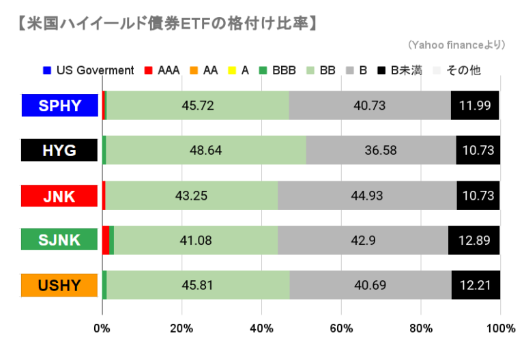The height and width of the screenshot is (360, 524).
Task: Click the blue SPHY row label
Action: [59, 105]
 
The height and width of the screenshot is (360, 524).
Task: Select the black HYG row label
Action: [59, 151]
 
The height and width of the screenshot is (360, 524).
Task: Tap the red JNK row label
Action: [59, 196]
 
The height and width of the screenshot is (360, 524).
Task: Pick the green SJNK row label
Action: [59, 240]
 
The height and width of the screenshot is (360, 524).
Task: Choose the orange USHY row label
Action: [59, 284]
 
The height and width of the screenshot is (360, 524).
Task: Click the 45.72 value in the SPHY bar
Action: [198, 105]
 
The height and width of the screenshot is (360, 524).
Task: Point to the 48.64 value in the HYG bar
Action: [205, 151]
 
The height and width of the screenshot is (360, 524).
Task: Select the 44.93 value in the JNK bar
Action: [368, 196]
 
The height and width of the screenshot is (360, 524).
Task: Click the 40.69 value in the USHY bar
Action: [370, 284]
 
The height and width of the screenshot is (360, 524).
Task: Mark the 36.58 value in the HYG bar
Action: [381, 151]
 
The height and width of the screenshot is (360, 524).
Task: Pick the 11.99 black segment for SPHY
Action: [476, 105]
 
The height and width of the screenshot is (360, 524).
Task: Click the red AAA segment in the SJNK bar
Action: [106, 240]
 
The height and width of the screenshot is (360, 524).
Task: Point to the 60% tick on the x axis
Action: [341, 329]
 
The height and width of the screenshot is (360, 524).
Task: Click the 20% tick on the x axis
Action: [181, 329]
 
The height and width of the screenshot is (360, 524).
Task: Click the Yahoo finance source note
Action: [456, 45]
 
